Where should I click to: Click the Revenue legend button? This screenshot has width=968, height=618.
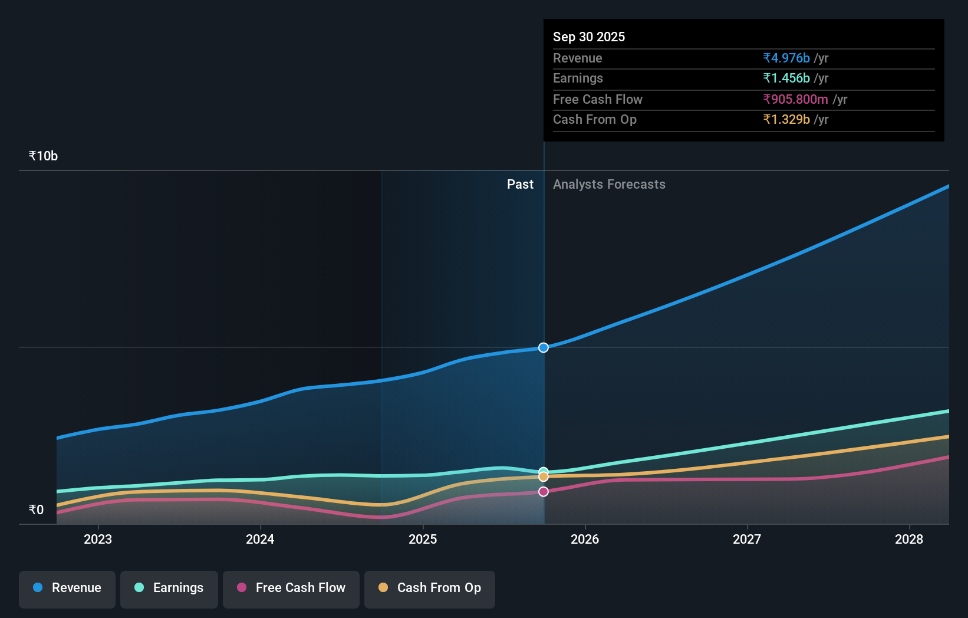tap(67, 589)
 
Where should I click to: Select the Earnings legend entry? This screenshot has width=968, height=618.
tap(169, 589)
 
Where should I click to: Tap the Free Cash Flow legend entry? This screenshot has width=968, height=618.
tap(291, 589)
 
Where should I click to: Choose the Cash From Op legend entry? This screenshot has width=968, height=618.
tap(430, 589)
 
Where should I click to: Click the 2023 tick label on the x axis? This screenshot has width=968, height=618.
tap(98, 540)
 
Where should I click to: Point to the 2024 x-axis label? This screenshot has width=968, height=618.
tap(260, 540)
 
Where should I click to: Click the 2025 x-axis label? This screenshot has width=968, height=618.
tap(423, 540)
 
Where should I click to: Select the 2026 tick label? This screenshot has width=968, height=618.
tap(585, 540)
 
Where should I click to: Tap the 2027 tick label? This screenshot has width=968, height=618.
tap(747, 540)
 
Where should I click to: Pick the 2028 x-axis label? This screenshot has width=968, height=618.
tap(909, 540)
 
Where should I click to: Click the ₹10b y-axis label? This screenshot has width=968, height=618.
tap(43, 156)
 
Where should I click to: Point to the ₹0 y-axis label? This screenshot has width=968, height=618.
tap(36, 510)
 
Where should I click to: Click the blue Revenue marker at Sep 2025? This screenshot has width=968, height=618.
tap(544, 348)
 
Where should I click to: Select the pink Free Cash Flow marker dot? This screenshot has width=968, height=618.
tap(544, 492)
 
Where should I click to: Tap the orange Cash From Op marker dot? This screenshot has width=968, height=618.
tap(544, 476)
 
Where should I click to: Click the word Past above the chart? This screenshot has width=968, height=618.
tap(520, 185)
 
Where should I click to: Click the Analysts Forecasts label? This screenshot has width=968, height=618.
tap(609, 185)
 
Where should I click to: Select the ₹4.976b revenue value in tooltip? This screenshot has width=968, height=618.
tap(786, 58)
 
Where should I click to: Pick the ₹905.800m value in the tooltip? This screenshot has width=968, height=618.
tap(795, 100)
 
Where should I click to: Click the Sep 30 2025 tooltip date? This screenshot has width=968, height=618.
tap(589, 37)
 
